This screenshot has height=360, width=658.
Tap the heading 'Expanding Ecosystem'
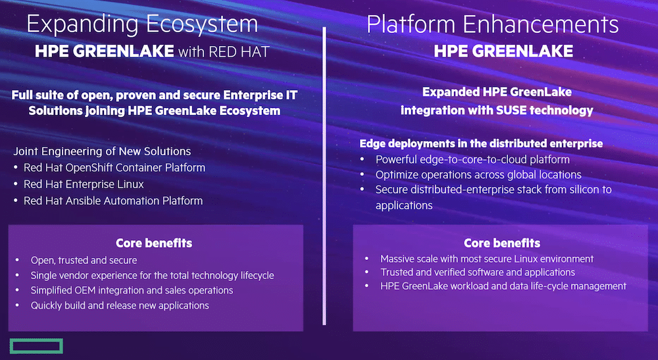(x=142, y=24)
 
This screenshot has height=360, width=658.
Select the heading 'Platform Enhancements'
(x=492, y=24)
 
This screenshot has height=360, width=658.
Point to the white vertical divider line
(x=324, y=176)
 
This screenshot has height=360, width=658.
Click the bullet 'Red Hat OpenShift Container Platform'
(x=114, y=167)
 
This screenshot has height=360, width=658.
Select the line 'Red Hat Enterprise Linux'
(x=84, y=184)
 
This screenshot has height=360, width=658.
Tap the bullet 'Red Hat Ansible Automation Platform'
(x=113, y=201)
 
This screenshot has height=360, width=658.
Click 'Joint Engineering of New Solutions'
(x=102, y=151)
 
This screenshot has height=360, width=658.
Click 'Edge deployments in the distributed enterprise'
(x=481, y=143)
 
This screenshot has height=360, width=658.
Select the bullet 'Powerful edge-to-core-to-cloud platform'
(x=472, y=159)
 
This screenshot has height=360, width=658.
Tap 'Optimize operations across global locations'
(x=478, y=174)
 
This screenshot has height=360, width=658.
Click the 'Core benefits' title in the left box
(x=154, y=243)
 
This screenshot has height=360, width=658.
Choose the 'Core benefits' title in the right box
(x=502, y=243)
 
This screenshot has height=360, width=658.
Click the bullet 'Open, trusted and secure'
(x=84, y=260)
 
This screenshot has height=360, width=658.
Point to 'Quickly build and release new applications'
(x=120, y=305)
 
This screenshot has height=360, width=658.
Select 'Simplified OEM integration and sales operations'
(x=132, y=290)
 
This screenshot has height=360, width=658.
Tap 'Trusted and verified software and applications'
(x=478, y=272)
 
